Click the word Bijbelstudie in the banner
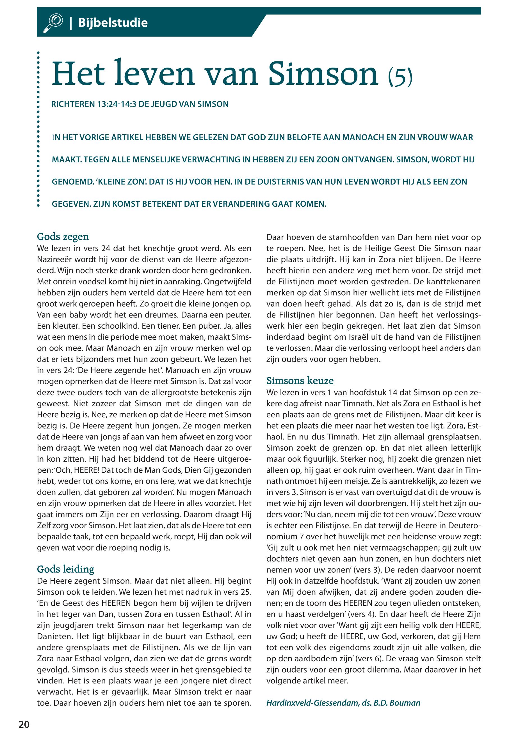(x=113, y=23)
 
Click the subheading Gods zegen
(x=63, y=237)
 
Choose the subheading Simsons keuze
(x=300, y=381)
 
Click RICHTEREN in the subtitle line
(x=72, y=104)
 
